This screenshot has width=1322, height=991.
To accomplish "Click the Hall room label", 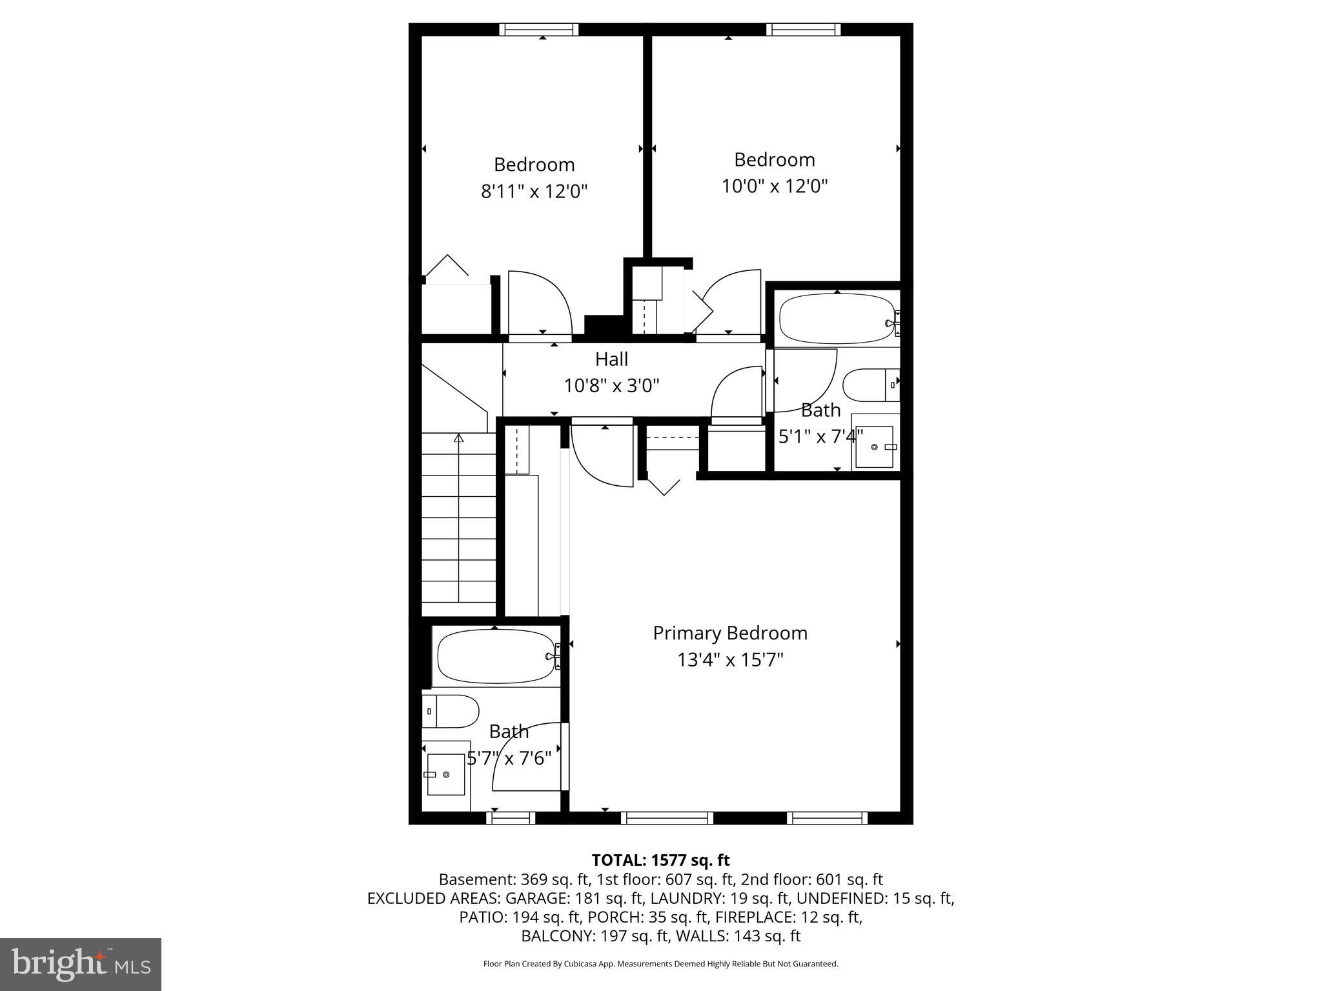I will coord(611,359).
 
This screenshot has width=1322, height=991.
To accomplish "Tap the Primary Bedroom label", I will coord(729,633).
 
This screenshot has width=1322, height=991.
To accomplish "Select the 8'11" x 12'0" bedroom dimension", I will coord(534,192).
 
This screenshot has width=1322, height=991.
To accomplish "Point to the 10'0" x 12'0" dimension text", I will coord(774,186).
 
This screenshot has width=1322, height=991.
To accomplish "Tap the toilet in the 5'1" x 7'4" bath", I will coord(869,385).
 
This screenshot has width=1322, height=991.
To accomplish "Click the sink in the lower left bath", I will coord(445,774).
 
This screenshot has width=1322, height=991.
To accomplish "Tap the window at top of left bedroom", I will coord(538,29).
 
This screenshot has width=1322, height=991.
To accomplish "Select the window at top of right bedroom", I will coord(803,29).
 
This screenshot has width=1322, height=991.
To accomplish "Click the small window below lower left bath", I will coord(510,818).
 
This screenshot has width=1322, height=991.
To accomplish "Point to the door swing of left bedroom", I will coord(540,303).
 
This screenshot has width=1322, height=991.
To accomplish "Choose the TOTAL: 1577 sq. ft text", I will coord(660,860).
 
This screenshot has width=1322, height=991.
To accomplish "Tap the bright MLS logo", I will coord(81,964).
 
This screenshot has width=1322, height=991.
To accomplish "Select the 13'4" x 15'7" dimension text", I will coord(729,660).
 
